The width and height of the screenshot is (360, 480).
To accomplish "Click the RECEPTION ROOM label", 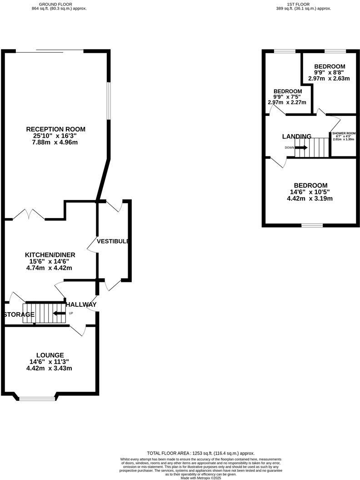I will [55, 129].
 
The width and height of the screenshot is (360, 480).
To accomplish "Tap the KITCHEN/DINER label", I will [50, 255].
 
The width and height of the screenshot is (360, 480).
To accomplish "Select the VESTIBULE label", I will [113, 241].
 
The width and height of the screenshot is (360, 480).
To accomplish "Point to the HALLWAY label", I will [81, 305].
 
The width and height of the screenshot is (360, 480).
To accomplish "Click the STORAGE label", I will [19, 315].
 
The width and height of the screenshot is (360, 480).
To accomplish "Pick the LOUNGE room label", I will [50, 355].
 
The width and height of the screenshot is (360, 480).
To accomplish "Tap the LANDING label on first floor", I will [297, 136].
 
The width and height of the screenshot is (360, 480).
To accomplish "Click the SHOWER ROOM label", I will [344, 133].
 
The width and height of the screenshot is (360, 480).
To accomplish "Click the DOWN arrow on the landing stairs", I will [301, 147].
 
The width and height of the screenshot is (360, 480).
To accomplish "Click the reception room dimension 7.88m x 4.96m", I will [55, 143].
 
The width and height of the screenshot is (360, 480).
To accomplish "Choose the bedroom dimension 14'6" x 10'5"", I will [310, 192].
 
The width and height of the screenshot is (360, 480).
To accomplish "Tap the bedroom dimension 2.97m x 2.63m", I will [329, 78].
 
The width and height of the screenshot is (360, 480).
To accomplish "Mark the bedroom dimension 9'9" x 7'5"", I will [287, 97].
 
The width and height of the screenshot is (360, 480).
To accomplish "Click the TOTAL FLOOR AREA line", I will [200, 453].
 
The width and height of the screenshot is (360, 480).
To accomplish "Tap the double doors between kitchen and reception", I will [29, 215].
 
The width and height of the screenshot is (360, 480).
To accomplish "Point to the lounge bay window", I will [37, 399].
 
